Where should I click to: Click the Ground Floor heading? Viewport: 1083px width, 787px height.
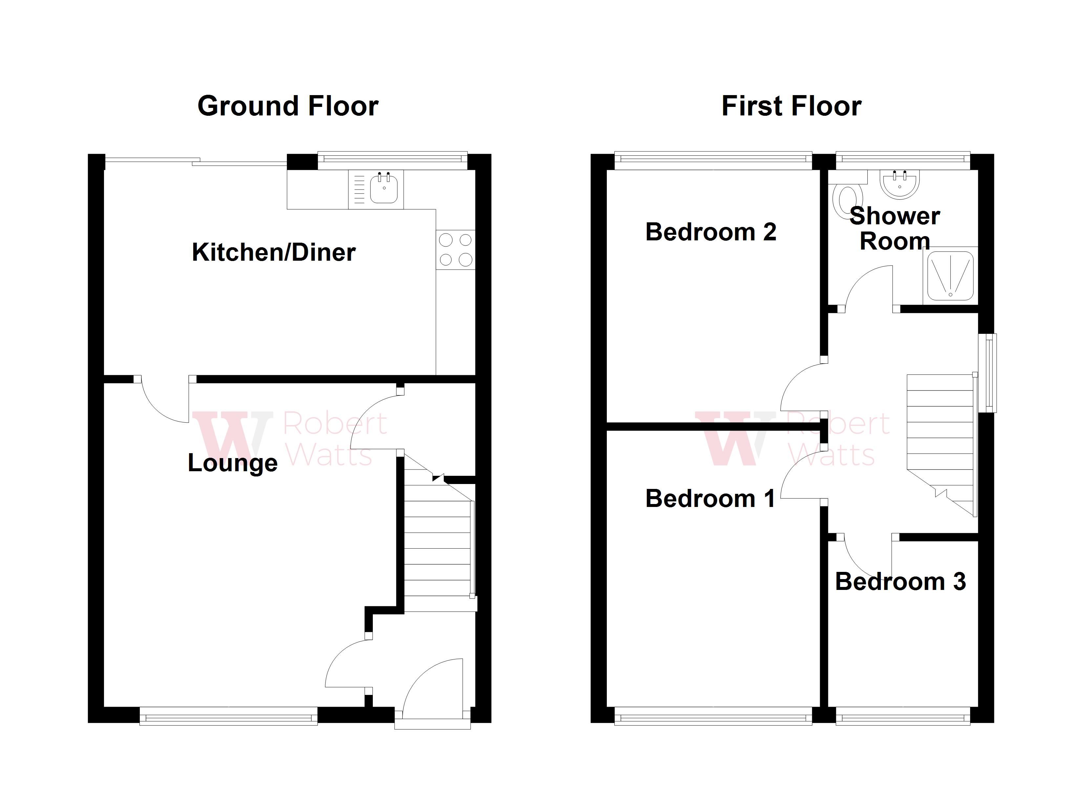pyautogui.click(x=287, y=106)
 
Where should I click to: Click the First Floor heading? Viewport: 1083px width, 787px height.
pyautogui.click(x=791, y=106)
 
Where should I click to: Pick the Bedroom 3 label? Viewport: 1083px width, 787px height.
pyautogui.click(x=900, y=581)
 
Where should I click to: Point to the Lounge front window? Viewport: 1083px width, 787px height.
pyautogui.click(x=228, y=716)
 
